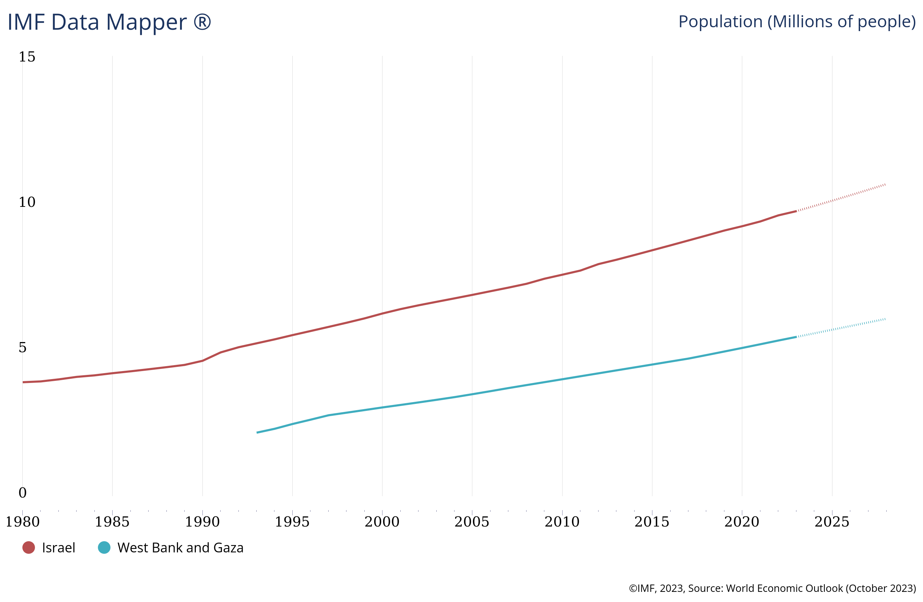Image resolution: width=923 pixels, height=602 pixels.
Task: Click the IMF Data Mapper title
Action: (109, 22)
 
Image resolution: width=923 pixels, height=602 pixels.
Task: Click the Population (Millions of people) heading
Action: (796, 22)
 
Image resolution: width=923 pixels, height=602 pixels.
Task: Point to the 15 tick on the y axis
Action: (27, 57)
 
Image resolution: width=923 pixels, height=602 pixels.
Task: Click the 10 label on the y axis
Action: (27, 202)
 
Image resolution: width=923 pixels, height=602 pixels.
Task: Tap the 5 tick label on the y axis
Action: (22, 347)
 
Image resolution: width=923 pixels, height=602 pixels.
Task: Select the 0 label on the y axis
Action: (22, 493)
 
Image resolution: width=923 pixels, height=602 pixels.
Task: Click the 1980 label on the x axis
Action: (22, 522)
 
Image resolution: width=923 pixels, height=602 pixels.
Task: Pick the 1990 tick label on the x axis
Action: (202, 522)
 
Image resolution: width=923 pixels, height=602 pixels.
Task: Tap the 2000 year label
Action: (382, 522)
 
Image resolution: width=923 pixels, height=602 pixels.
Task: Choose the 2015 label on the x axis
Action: (652, 522)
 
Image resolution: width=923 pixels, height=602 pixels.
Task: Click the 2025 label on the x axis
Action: (831, 522)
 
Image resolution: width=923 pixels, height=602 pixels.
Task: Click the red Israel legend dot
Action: (29, 547)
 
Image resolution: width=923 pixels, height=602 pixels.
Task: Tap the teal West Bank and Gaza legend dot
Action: (104, 547)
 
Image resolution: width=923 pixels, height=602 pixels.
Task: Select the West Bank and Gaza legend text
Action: (180, 548)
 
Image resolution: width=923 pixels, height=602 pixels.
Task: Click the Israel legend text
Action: (58, 548)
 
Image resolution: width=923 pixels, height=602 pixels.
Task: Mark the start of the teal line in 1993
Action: (257, 433)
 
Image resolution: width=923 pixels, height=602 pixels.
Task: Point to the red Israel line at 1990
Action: (202, 361)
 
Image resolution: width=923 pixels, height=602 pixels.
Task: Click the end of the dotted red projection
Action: (885, 184)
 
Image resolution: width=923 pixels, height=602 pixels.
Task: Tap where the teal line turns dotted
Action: (796, 337)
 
